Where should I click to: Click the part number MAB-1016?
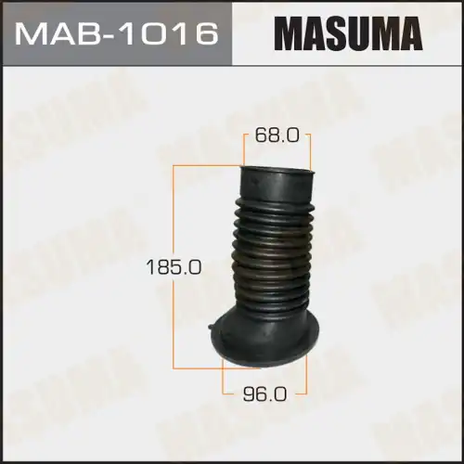[x=116, y=33]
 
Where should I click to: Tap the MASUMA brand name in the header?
[x=349, y=33]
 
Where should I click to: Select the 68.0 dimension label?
[x=277, y=136]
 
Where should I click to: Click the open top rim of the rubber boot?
[x=277, y=172]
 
